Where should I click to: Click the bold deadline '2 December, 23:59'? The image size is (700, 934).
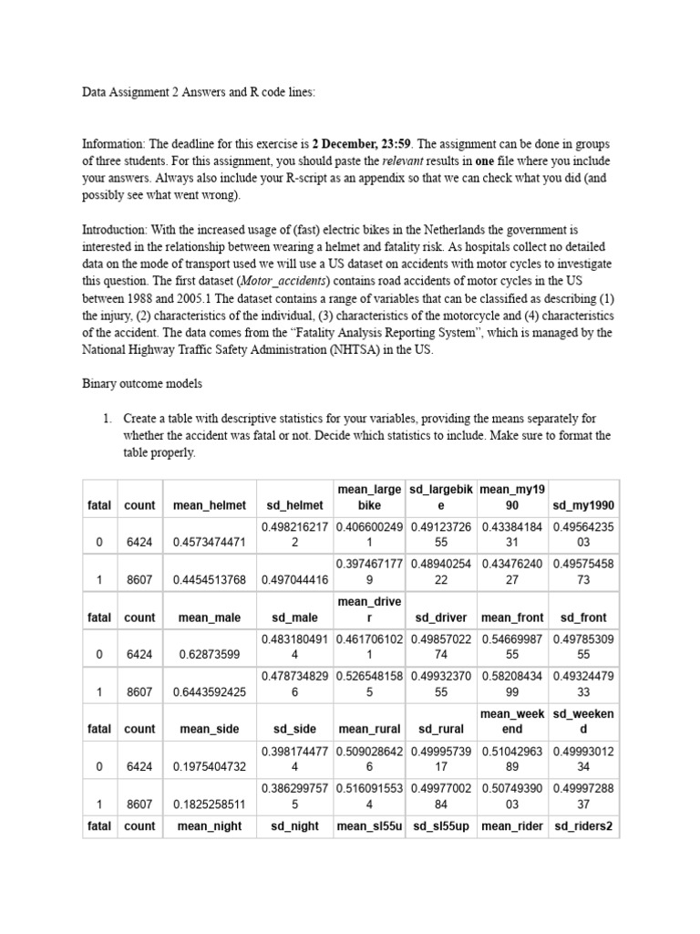click(x=360, y=144)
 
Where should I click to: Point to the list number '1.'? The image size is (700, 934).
click(x=108, y=419)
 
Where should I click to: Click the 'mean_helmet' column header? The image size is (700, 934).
click(x=209, y=504)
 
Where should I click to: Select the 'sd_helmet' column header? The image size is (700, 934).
click(x=294, y=504)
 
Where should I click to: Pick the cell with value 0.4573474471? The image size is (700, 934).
click(x=209, y=542)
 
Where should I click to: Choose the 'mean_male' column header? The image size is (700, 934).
click(x=209, y=617)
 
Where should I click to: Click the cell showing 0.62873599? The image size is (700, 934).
click(x=209, y=654)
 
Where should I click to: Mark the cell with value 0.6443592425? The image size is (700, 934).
click(x=209, y=691)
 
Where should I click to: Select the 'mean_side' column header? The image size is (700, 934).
click(x=209, y=729)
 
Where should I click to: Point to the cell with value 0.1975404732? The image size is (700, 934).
click(x=209, y=766)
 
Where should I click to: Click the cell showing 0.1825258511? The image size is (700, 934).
click(x=209, y=804)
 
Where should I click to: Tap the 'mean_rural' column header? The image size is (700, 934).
click(x=368, y=729)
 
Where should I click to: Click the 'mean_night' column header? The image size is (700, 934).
click(x=209, y=826)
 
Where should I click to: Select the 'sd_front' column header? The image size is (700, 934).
click(x=583, y=617)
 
